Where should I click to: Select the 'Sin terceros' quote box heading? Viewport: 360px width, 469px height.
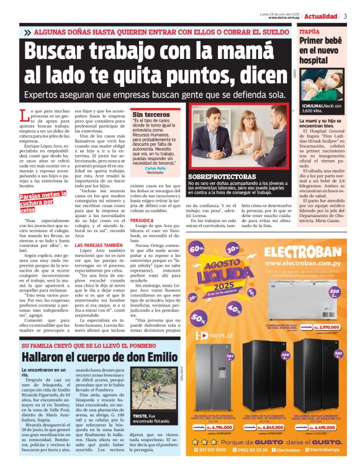pos(151,115)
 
